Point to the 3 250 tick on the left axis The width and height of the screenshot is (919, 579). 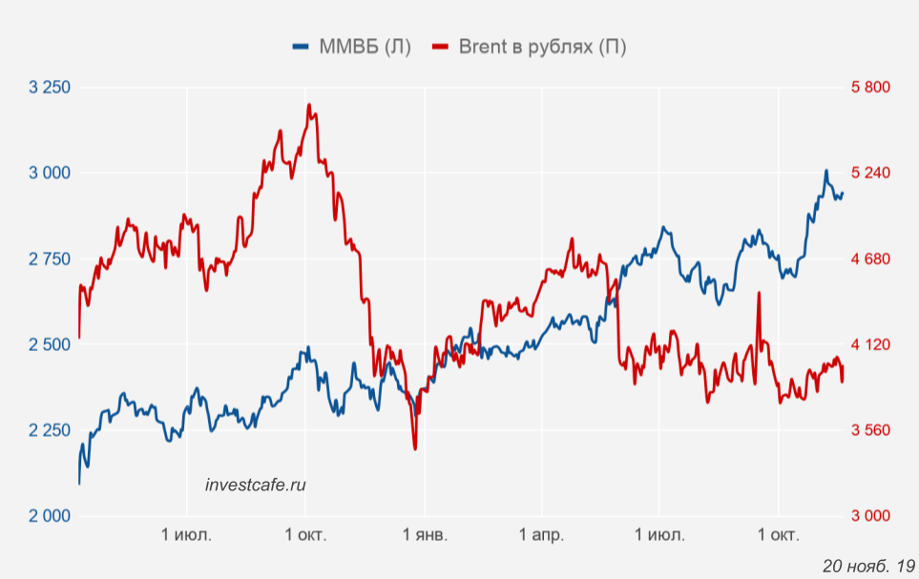click(50, 88)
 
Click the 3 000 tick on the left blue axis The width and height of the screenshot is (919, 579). click(50, 173)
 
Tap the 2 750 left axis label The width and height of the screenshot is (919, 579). click(50, 259)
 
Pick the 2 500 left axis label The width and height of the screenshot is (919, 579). click(50, 344)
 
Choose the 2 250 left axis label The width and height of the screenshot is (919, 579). click(50, 430)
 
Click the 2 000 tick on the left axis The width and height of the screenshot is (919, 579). click(50, 516)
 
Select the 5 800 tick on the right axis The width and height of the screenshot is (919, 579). click(869, 88)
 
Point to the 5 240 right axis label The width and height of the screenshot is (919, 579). click(869, 173)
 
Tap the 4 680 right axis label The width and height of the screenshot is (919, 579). click(869, 259)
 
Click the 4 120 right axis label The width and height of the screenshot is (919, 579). click(869, 344)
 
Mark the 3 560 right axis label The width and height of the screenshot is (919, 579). click(869, 430)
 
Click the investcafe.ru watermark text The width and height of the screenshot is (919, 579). click(256, 485)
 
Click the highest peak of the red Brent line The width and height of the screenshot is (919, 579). click(309, 105)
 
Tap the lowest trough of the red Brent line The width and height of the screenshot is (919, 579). click(415, 448)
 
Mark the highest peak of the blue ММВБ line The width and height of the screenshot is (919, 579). click(826, 172)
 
